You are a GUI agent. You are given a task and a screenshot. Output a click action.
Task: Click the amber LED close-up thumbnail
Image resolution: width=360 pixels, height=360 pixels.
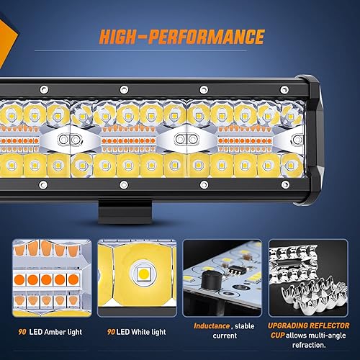50,276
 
